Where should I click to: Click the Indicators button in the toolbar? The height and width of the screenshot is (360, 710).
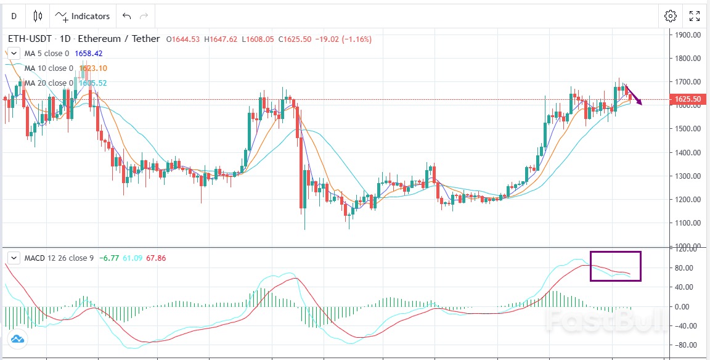[83, 16]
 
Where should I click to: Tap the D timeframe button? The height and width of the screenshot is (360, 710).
[14, 16]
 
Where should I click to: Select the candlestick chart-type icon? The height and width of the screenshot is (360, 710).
[38, 16]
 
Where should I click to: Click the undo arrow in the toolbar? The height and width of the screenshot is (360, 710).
[126, 16]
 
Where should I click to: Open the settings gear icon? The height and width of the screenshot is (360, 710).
[671, 16]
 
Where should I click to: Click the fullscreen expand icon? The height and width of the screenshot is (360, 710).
[694, 16]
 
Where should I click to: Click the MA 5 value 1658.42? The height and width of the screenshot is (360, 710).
[89, 54]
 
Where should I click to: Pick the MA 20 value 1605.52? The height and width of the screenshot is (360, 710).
[93, 83]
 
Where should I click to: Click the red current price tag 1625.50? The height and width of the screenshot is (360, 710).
[687, 99]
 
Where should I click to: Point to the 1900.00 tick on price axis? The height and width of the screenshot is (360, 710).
[688, 35]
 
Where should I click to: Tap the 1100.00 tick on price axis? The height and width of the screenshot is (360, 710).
[688, 223]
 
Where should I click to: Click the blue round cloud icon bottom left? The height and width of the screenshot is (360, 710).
[17, 338]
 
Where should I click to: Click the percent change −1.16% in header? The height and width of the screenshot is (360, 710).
[354, 39]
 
